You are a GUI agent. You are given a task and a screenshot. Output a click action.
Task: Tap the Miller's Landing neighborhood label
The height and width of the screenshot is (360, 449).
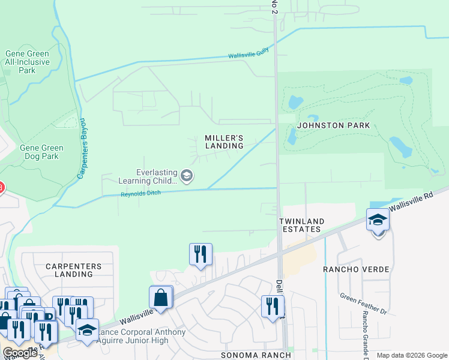[x=224, y=142]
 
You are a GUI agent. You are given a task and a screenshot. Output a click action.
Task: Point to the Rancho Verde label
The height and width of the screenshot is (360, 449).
[x=356, y=269]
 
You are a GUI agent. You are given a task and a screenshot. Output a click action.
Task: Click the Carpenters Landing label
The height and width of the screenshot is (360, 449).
[x=70, y=269]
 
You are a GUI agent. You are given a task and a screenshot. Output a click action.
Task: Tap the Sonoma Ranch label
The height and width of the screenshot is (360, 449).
[x=256, y=355]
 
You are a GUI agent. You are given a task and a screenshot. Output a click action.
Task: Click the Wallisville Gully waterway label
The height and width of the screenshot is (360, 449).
[x=249, y=56]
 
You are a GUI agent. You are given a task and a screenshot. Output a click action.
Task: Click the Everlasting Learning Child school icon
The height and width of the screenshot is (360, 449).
[x=187, y=176]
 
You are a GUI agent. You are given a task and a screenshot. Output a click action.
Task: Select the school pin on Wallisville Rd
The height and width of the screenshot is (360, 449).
[x=378, y=220]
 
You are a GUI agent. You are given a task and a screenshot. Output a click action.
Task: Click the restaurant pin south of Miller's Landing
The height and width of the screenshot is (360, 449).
[x=200, y=253]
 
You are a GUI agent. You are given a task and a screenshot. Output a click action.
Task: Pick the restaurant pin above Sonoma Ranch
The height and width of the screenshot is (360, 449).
[x=273, y=306]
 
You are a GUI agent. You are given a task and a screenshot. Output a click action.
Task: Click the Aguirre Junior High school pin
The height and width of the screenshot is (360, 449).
[x=87, y=330]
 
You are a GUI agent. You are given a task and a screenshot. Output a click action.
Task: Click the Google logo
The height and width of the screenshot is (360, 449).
[x=20, y=353]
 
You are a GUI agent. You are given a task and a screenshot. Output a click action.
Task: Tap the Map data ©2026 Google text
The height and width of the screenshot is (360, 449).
[x=411, y=355]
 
